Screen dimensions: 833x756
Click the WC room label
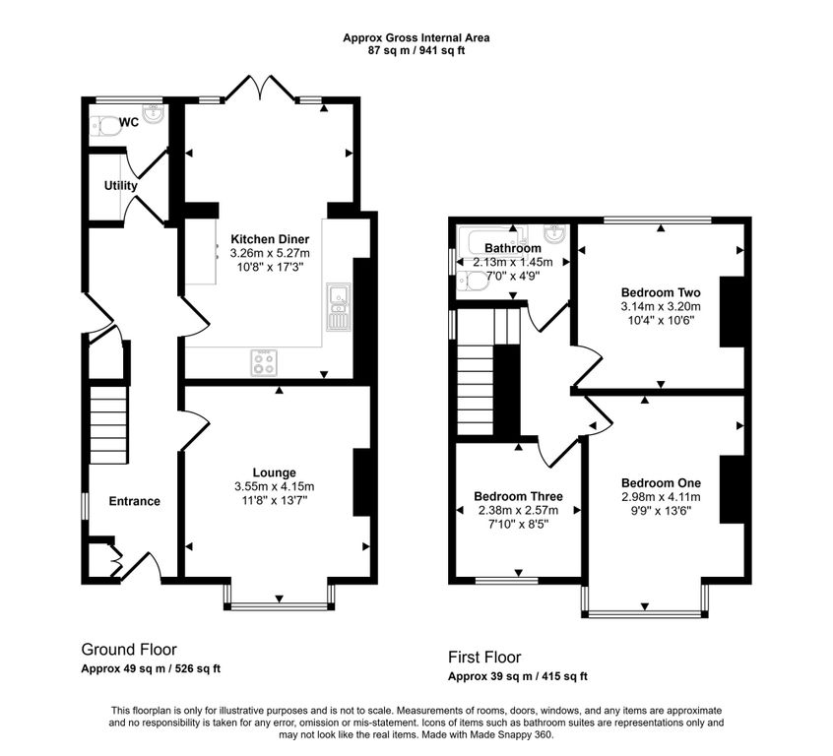pyautogui.click(x=129, y=122)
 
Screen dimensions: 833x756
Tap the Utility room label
pyautogui.click(x=120, y=185)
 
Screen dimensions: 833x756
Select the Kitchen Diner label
pyautogui.click(x=270, y=239)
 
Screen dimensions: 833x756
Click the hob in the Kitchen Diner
pyautogui.click(x=264, y=363)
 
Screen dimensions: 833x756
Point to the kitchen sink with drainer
pyautogui.click(x=339, y=307)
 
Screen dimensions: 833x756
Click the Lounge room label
pyautogui.click(x=274, y=472)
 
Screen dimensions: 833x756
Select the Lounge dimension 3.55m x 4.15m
pyautogui.click(x=274, y=486)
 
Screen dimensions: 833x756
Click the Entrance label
pyautogui.click(x=135, y=501)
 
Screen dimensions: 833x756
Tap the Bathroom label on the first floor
pyautogui.click(x=513, y=248)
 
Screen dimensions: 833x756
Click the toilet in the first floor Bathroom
pyautogui.click(x=473, y=282)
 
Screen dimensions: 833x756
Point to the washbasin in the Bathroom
pyautogui.click(x=554, y=233)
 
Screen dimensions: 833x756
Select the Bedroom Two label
pyautogui.click(x=661, y=292)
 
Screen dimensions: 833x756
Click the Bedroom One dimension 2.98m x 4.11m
pyautogui.click(x=661, y=497)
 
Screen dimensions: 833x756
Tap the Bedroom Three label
pyautogui.click(x=518, y=496)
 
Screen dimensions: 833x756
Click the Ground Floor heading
pyautogui.click(x=129, y=650)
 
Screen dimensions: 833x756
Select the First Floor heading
pyautogui.click(x=484, y=658)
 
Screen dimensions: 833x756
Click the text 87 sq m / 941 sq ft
pyautogui.click(x=416, y=51)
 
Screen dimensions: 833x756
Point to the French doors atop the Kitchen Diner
pyautogui.click(x=260, y=88)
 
